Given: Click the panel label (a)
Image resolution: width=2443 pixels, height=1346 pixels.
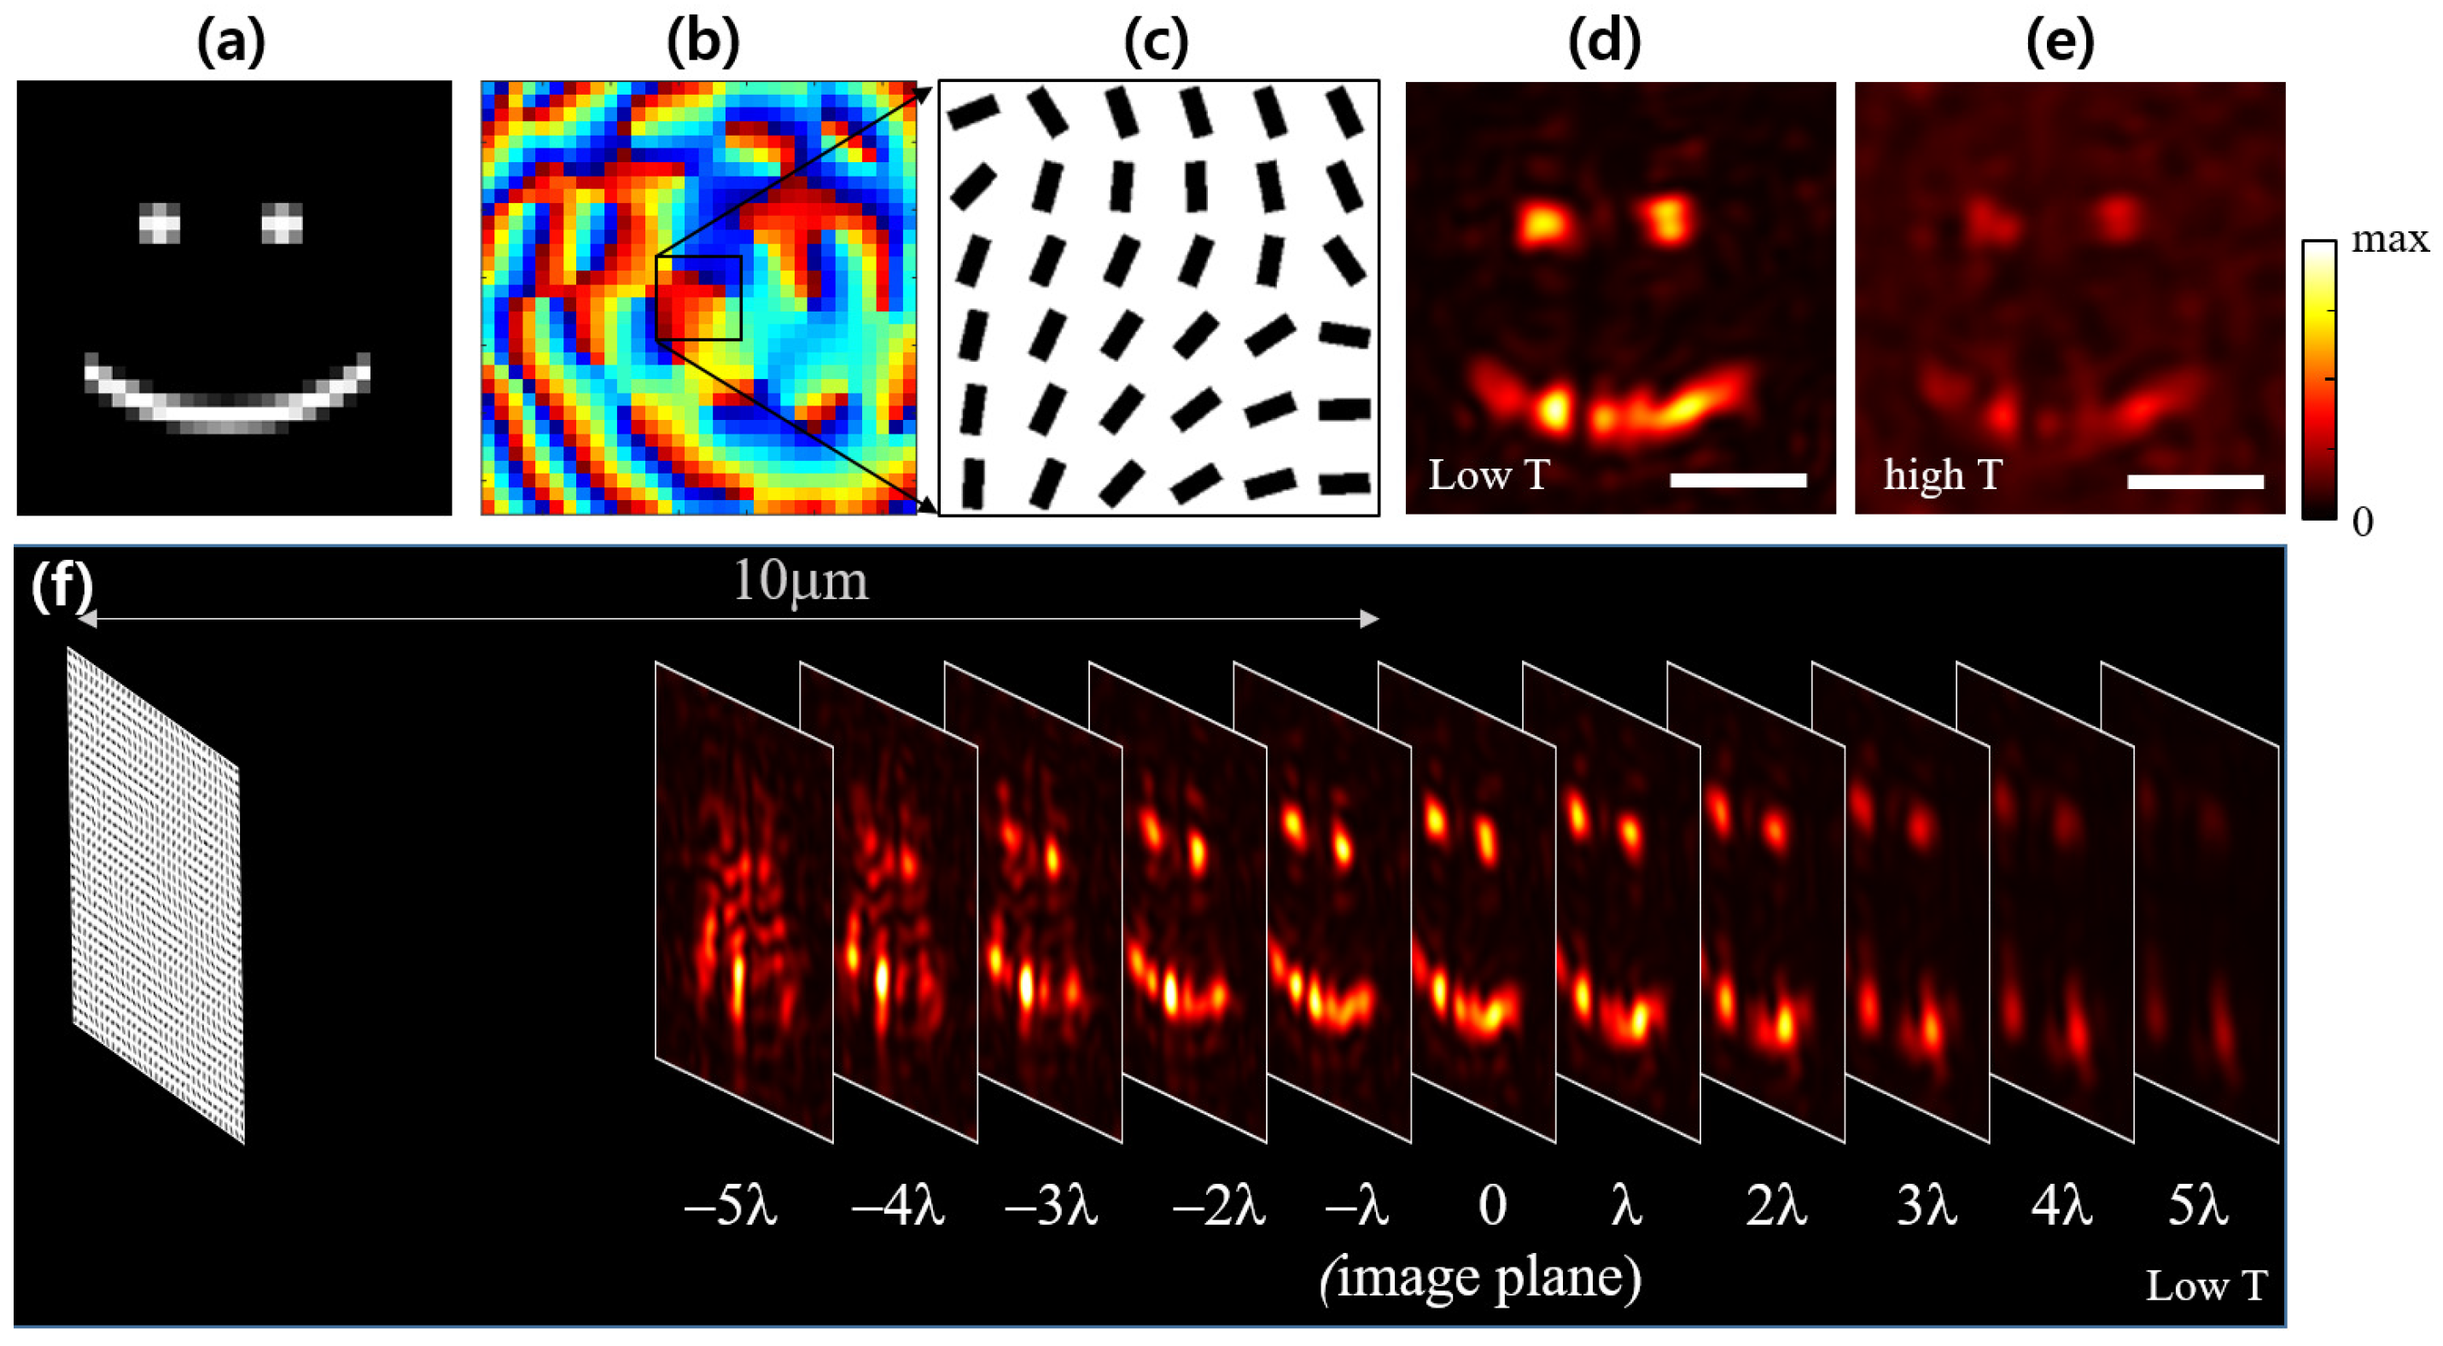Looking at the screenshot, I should click(x=230, y=43).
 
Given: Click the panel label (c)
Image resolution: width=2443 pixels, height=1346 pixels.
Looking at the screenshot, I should click(x=1155, y=43).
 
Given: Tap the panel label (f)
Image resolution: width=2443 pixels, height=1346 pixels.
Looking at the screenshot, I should click(x=60, y=586).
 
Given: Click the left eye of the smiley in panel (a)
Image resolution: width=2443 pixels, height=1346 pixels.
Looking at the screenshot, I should click(x=160, y=224).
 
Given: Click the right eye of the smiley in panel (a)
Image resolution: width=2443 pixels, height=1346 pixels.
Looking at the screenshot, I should click(x=282, y=224).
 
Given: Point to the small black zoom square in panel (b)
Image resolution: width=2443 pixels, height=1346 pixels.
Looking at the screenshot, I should click(x=698, y=297).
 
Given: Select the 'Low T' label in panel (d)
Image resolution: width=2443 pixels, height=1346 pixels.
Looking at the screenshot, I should click(x=1488, y=475).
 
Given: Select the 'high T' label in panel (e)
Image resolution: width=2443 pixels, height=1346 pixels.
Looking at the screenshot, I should click(x=1942, y=475).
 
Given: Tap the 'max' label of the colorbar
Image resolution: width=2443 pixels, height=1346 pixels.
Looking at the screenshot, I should click(x=2390, y=240).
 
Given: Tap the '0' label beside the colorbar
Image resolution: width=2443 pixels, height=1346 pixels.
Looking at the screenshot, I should click(x=2363, y=522).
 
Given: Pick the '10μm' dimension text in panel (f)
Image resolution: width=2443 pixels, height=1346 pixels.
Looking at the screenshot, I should click(x=801, y=581).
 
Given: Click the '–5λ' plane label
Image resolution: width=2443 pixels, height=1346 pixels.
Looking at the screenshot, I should click(x=730, y=1209).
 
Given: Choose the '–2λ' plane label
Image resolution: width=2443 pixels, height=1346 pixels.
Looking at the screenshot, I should click(x=1219, y=1209).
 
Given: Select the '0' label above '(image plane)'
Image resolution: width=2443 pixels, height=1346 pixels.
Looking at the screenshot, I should click(x=1492, y=1207).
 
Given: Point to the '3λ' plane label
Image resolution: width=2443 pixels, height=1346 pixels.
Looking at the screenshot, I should click(x=1926, y=1209).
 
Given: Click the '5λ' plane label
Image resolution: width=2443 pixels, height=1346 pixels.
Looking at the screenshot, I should click(x=2198, y=1209).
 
